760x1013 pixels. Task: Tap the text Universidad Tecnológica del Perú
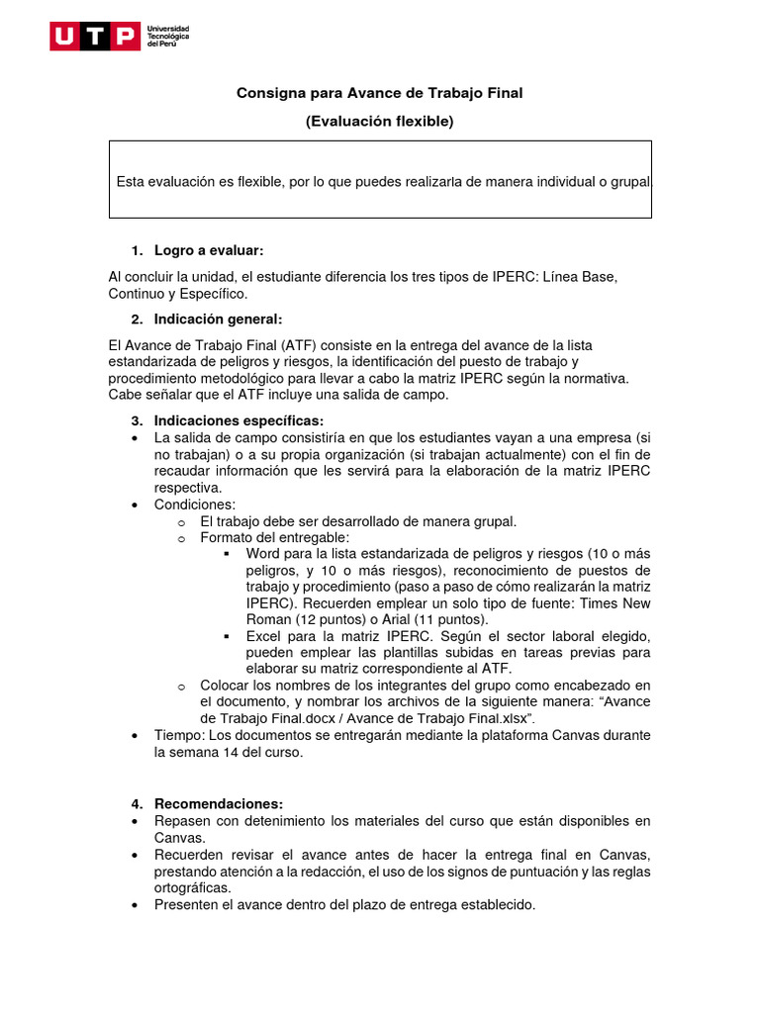168,38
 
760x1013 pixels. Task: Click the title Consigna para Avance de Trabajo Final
379,93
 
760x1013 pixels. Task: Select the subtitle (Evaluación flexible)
379,122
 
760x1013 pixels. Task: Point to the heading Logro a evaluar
209,250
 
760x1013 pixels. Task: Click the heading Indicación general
218,319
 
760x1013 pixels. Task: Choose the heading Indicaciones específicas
238,420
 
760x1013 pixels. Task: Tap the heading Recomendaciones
218,802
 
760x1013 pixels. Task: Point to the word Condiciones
195,505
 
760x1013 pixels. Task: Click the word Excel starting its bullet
263,636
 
